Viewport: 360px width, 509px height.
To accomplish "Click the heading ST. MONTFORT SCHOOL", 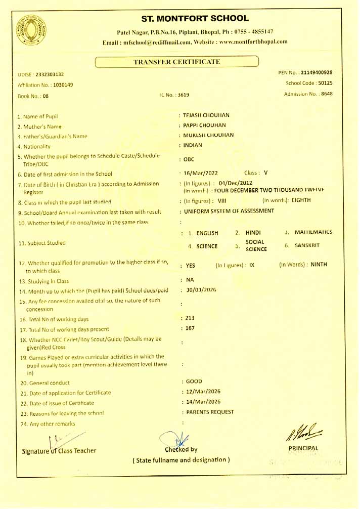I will pos(195,19).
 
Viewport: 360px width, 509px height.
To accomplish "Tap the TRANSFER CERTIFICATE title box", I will pos(176,62).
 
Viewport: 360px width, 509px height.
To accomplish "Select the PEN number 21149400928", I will pos(317,73).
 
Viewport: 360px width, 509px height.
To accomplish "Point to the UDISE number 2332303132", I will pos(50,74).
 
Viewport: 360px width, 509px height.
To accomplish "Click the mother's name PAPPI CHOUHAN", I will pos(205,125).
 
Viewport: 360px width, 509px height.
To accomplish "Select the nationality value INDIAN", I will pos(193,145).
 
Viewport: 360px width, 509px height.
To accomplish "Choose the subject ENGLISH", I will pos(207,233).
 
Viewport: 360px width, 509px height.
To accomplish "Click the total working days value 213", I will pos(190,318).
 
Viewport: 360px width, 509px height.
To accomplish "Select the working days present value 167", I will pos(190,328).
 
